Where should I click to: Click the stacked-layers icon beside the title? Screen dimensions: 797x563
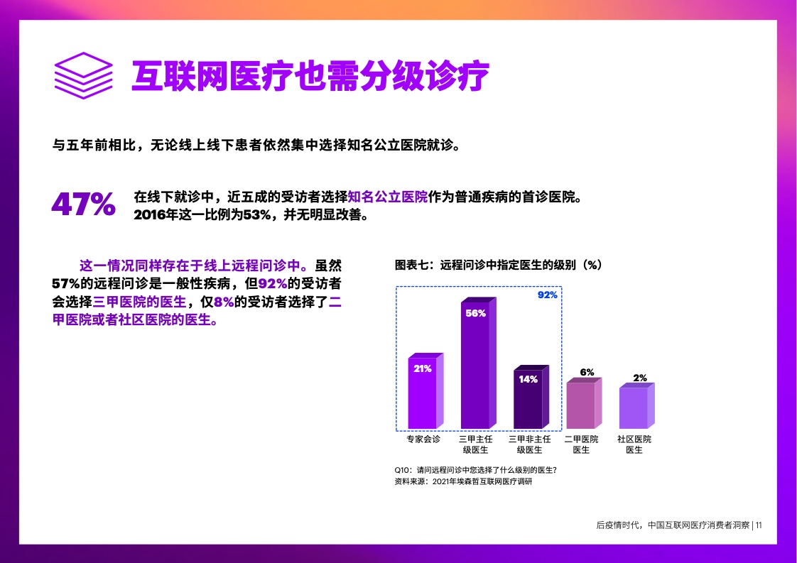[83, 76]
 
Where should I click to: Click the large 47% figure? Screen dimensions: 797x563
[83, 204]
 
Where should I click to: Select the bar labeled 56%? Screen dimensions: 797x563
[478, 363]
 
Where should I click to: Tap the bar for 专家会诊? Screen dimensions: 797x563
[425, 390]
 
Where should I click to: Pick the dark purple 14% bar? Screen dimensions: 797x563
[531, 397]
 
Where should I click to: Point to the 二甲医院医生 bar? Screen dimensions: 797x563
[584, 403]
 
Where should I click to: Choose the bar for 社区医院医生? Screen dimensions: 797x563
[637, 405]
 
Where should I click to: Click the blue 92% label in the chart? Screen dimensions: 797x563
[548, 295]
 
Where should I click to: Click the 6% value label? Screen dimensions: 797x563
[587, 372]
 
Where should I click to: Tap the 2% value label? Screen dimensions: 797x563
[640, 378]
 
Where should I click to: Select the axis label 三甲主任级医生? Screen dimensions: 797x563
[476, 444]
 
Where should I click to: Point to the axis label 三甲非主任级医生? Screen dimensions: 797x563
[530, 444]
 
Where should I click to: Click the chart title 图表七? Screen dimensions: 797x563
[498, 265]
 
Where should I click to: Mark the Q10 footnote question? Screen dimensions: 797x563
[476, 470]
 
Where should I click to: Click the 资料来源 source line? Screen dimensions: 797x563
[464, 481]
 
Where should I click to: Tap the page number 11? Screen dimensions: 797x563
[759, 525]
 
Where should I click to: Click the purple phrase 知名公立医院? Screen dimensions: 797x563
[388, 197]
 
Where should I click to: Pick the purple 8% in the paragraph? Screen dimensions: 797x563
[224, 302]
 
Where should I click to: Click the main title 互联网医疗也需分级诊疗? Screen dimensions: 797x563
[310, 76]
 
